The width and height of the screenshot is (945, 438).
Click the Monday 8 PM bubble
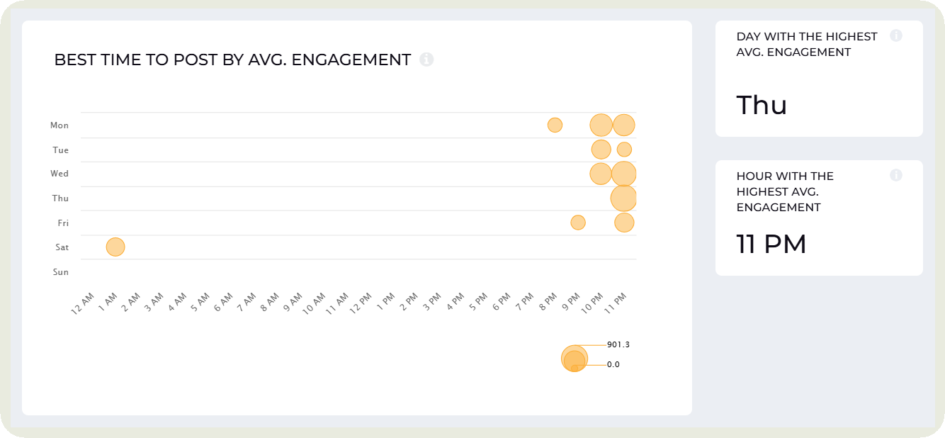pos(555,125)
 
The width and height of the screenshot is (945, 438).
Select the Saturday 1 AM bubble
pos(115,247)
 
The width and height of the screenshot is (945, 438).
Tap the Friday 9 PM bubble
pos(578,223)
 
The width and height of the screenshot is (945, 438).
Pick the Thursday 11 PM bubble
pos(623,198)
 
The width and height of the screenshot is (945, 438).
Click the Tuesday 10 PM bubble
pos(601,150)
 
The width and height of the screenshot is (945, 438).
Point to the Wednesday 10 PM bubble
pos(601,174)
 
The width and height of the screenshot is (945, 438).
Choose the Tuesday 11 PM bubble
pos(624,150)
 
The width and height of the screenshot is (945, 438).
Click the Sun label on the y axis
pos(60,272)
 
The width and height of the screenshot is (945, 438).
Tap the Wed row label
pos(60,174)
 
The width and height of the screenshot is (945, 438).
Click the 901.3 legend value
pos(618,344)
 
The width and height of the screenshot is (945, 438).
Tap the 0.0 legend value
pos(613,364)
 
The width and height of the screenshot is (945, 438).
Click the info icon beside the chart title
pos(426,60)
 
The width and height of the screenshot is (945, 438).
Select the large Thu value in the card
pos(762,105)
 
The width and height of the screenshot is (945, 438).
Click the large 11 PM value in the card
pos(771,244)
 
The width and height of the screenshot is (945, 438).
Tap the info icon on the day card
pos(896,35)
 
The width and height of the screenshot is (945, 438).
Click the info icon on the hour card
pos(896,175)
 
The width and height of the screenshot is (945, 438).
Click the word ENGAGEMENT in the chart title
pos(351,60)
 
